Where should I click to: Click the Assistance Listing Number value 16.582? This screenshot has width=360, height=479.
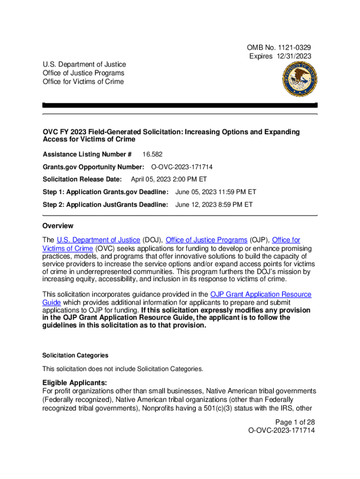pyautogui.click(x=152, y=154)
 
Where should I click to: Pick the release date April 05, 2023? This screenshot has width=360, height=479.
pyautogui.click(x=151, y=179)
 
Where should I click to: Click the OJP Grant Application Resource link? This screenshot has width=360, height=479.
pyautogui.click(x=260, y=294)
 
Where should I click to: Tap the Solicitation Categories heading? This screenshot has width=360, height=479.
pyautogui.click(x=75, y=356)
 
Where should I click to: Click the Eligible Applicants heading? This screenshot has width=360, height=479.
pyautogui.click(x=75, y=383)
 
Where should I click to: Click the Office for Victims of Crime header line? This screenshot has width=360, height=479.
pyautogui.click(x=83, y=81)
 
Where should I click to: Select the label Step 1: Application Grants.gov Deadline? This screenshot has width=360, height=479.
pyautogui.click(x=105, y=192)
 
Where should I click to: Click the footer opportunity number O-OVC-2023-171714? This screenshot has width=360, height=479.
pyautogui.click(x=282, y=430)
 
